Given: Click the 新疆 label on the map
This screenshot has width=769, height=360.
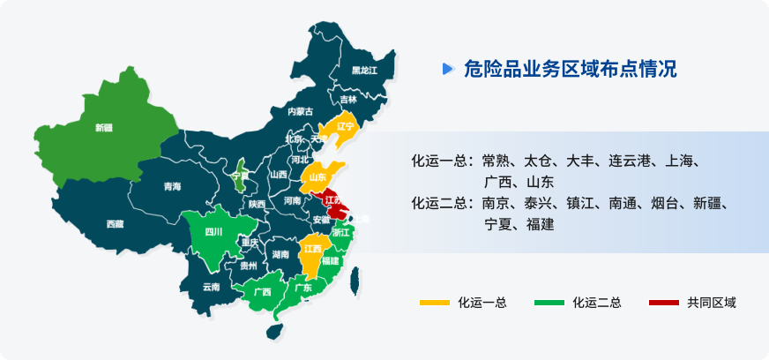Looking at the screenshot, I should (104, 127).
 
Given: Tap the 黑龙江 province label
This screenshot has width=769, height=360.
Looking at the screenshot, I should (364, 70).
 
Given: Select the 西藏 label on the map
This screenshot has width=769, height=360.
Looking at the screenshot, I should (115, 224).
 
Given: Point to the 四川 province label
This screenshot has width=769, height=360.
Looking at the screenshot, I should (213, 232).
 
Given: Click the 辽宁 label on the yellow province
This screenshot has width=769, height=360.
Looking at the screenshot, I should (345, 126).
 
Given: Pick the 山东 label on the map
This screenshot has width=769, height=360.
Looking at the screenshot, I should (319, 177).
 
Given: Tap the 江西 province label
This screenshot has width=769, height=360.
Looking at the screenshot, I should (312, 249).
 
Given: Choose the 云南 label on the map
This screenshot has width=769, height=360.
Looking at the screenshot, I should (211, 287).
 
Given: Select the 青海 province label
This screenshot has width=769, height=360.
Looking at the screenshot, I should (172, 186).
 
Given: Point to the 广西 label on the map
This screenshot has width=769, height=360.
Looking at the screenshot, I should (262, 291).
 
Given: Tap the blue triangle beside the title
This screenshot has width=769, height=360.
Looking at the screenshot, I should (448, 69).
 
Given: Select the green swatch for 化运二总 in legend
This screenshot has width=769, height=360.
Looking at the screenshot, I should (549, 303).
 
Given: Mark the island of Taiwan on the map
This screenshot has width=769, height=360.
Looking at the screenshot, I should (355, 280).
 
